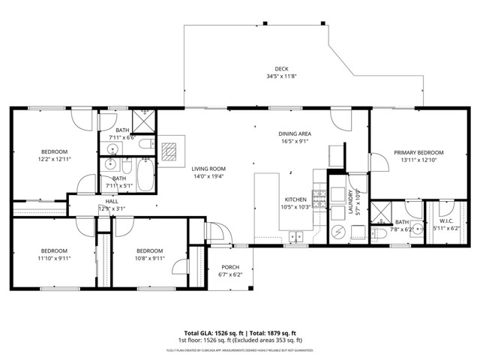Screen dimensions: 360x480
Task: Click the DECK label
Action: point(281,68)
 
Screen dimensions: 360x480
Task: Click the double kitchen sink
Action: point(297,238)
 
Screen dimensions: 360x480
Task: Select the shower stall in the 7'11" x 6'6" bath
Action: point(142,120)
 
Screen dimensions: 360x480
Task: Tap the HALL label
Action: point(111,201)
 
